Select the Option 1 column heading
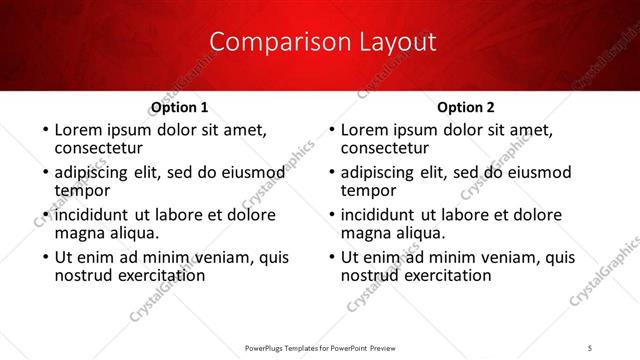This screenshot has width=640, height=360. click(x=180, y=107)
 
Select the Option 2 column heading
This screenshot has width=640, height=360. click(x=466, y=107)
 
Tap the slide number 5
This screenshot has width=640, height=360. click(x=590, y=347)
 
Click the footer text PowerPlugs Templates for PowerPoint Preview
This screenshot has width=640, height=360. click(x=319, y=347)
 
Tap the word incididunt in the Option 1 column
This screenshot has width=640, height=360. click(x=92, y=215)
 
